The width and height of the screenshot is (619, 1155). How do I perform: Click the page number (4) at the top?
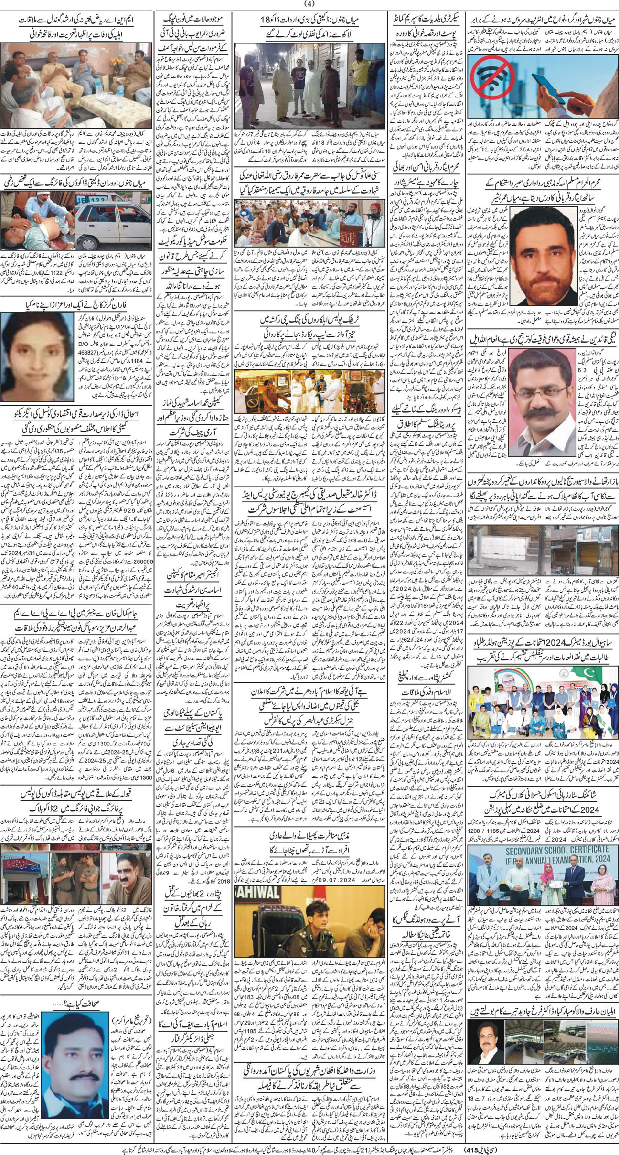coord(309,5)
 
